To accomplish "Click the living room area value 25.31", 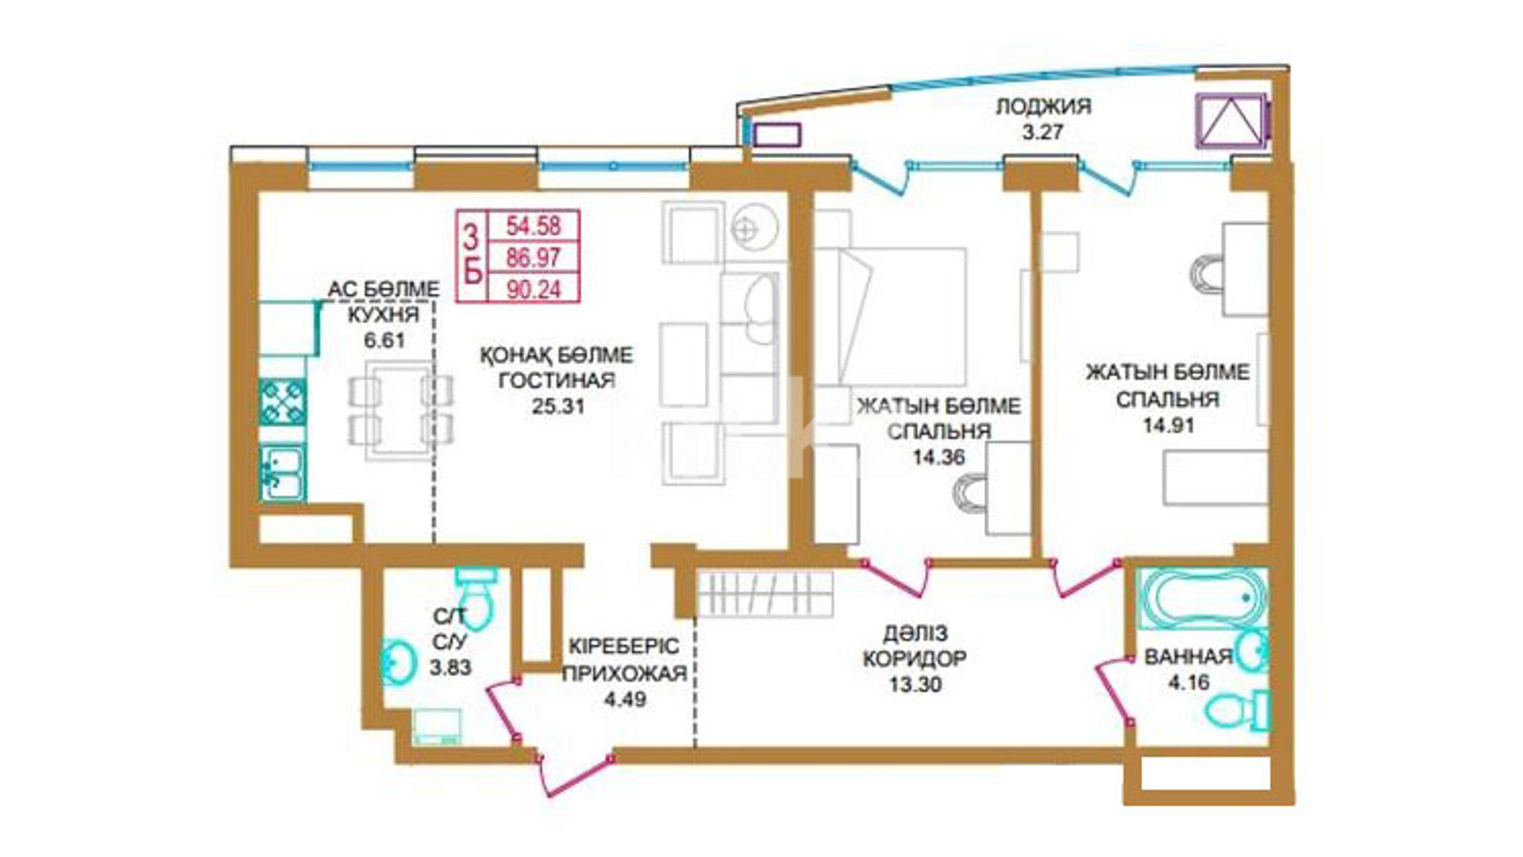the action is tap(558, 406).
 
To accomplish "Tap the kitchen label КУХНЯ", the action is tap(383, 315).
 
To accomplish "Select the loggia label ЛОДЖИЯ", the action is tap(1044, 107).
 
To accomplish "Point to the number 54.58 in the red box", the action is tap(534, 226).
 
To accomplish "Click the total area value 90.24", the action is tap(534, 290).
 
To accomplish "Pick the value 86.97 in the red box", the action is tap(534, 258).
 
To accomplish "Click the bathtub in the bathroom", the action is tap(1202, 598).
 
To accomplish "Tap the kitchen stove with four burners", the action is tap(282, 402).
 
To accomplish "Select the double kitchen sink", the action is tap(283, 473).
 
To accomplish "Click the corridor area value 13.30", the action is tap(915, 683).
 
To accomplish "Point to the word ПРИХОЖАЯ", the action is tap(625, 673).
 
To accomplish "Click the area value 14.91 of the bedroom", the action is tap(1168, 425).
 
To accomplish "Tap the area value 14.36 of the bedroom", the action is tap(938, 457).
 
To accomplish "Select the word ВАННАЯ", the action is tap(1188, 656).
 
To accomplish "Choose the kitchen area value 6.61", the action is tap(384, 340).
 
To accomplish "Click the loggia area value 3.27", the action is tap(1042, 132).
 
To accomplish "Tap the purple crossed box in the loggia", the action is tap(1231, 120).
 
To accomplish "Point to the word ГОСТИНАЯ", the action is tap(557, 381).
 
